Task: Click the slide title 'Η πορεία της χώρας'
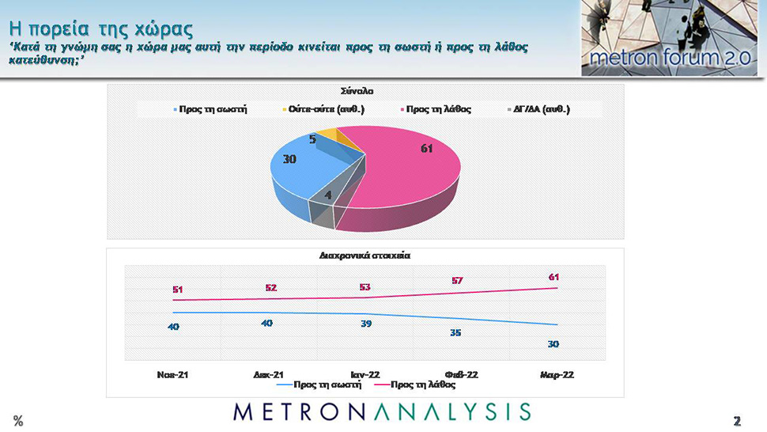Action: [x=100, y=29]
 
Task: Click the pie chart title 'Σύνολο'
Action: [x=366, y=91]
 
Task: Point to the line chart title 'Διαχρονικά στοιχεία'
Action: [x=365, y=256]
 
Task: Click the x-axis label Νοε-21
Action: [x=172, y=373]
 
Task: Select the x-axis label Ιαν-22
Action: [x=365, y=373]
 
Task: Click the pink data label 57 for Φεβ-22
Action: [x=457, y=281]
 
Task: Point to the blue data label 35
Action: [x=455, y=332]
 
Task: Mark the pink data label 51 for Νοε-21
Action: [x=178, y=290]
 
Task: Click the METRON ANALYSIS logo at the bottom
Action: [x=383, y=411]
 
